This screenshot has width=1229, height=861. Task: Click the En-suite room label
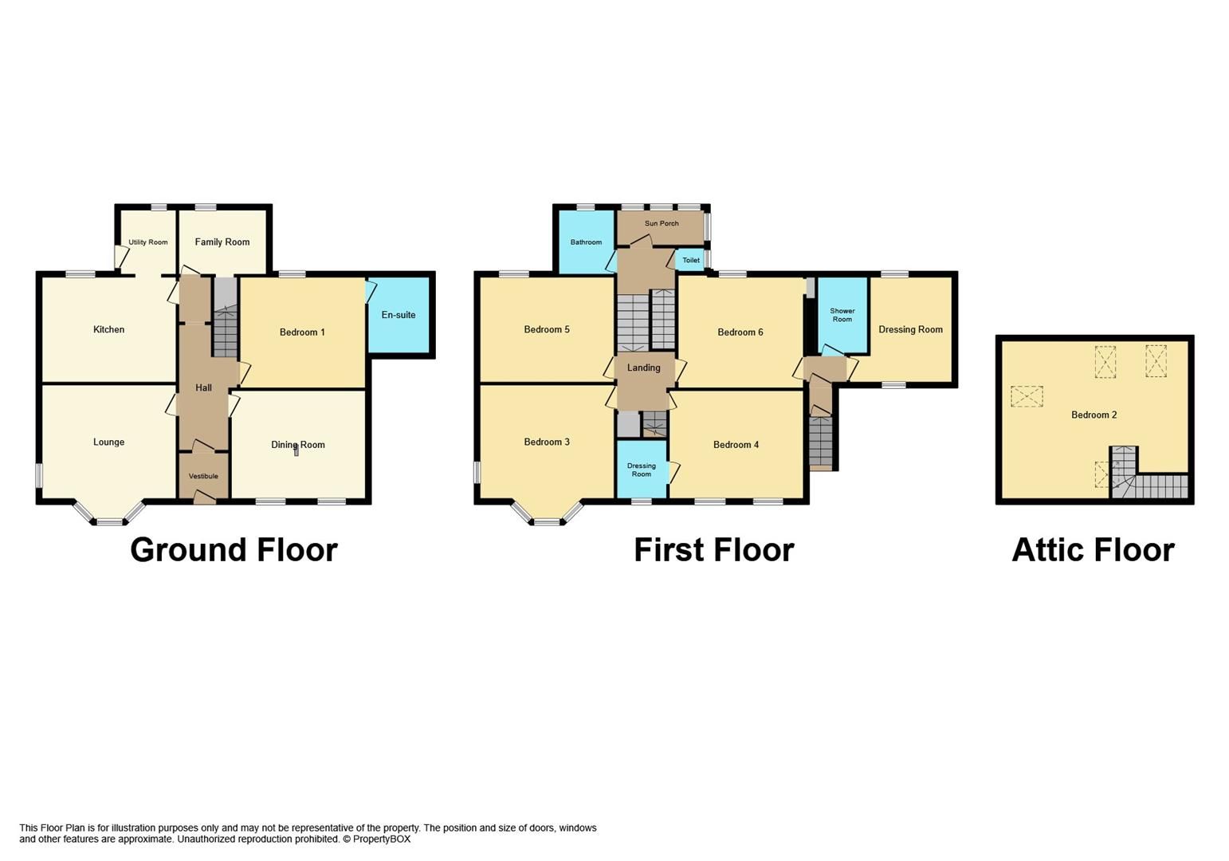tap(398, 315)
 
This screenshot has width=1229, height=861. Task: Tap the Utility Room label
tap(148, 242)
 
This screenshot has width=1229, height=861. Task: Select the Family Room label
tap(222, 242)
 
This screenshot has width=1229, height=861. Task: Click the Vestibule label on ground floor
tap(203, 477)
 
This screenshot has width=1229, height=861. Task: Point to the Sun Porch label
tap(662, 223)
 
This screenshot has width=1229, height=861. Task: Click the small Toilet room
tap(691, 261)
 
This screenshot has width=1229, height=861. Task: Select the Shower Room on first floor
tap(842, 315)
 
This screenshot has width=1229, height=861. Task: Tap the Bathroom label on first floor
tap(586, 242)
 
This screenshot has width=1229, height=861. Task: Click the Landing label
tap(643, 368)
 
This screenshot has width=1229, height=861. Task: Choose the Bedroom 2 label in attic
tap(1094, 415)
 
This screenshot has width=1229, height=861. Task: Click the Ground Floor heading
tap(234, 550)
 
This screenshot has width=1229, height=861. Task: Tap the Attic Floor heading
tap(1093, 550)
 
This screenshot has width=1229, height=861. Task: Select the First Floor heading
tap(713, 550)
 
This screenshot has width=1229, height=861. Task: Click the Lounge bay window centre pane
tap(111, 522)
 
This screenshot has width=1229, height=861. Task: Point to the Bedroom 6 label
tap(740, 332)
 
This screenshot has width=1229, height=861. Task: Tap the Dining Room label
tap(298, 445)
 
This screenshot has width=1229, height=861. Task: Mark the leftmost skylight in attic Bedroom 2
tap(1027, 396)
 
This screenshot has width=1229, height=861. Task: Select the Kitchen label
tap(108, 329)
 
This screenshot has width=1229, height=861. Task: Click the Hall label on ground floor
tap(203, 388)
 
